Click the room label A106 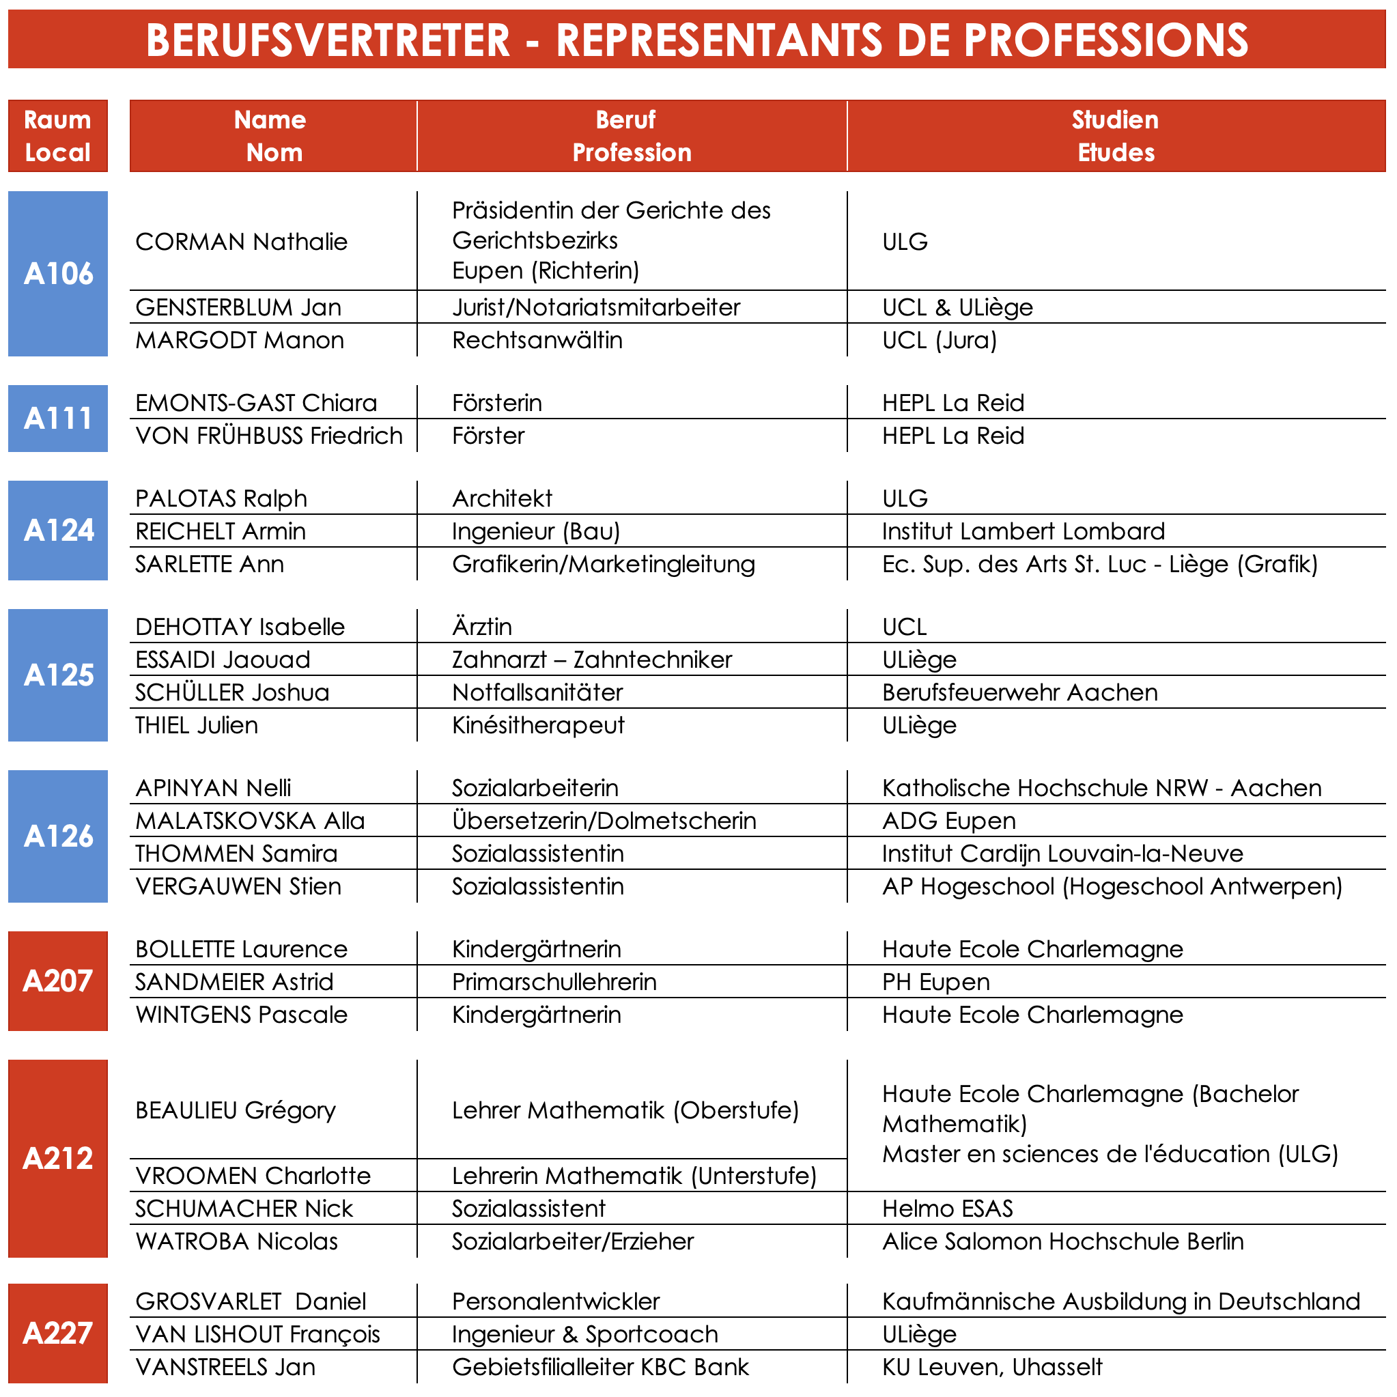58,273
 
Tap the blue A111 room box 58,418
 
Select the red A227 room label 58,1333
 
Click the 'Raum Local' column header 58,136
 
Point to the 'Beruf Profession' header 632,136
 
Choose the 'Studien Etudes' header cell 1116,136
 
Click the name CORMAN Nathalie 242,242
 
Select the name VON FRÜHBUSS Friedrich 269,436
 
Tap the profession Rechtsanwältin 537,340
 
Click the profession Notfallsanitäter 537,692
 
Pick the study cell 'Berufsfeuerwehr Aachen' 1019,692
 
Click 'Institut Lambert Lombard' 1023,531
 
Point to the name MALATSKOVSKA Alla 250,821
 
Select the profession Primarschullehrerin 554,981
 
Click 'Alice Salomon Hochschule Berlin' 1063,1241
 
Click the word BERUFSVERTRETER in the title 328,40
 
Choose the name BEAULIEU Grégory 236,1110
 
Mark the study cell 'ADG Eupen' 948,821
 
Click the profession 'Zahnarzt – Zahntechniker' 591,660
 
